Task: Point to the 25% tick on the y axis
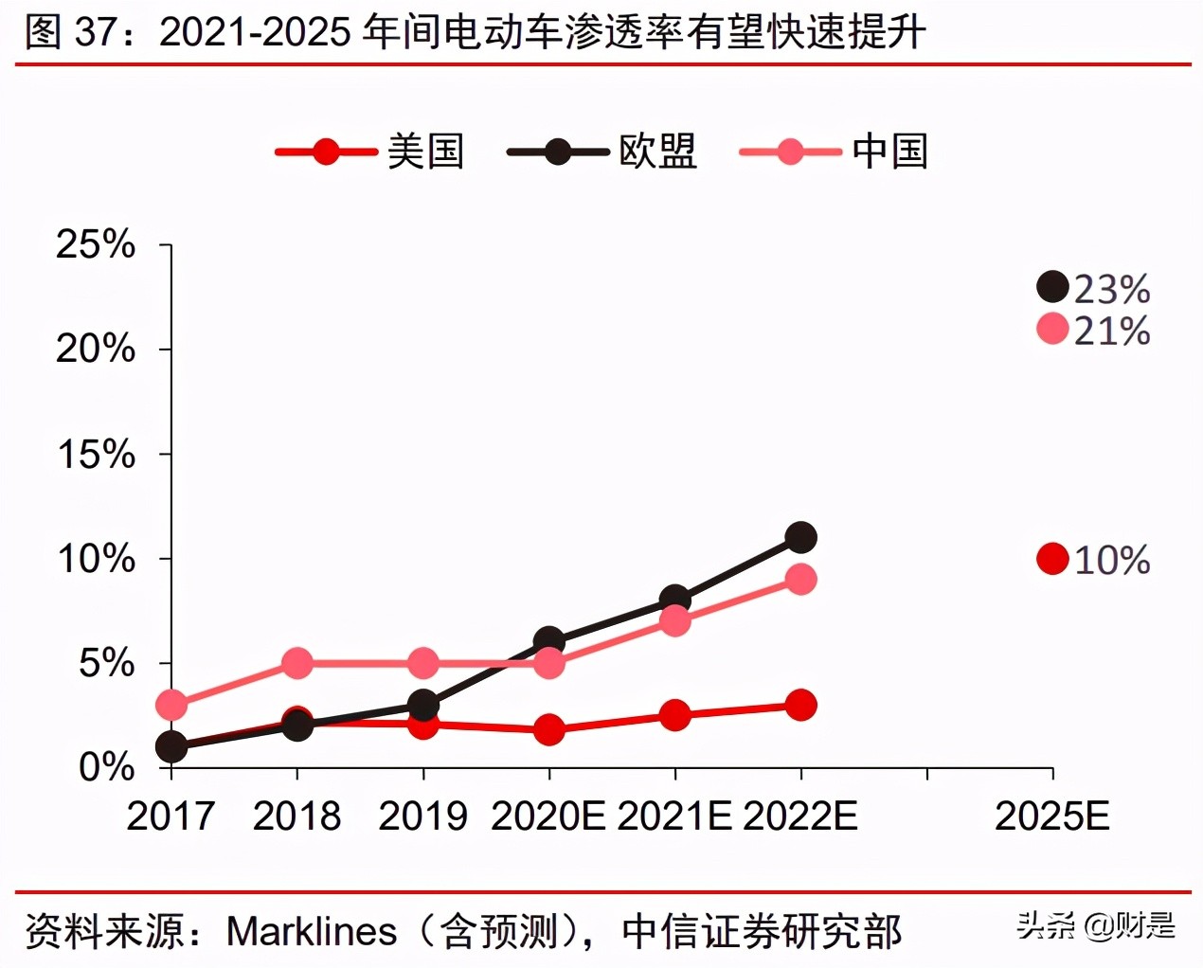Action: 96,244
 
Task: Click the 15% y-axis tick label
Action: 96,454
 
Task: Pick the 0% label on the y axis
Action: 106,767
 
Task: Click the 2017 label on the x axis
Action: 171,816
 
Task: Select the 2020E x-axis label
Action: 548,816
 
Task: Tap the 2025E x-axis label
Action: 1051,816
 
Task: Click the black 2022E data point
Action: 800,537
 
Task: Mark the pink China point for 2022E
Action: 800,579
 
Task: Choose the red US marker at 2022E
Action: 800,705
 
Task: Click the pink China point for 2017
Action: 171,705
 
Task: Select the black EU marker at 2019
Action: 422,705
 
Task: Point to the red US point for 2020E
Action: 548,729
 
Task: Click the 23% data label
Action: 1112,289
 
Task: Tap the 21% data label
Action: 1112,331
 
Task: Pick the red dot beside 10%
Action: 1052,559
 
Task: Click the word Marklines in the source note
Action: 312,931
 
